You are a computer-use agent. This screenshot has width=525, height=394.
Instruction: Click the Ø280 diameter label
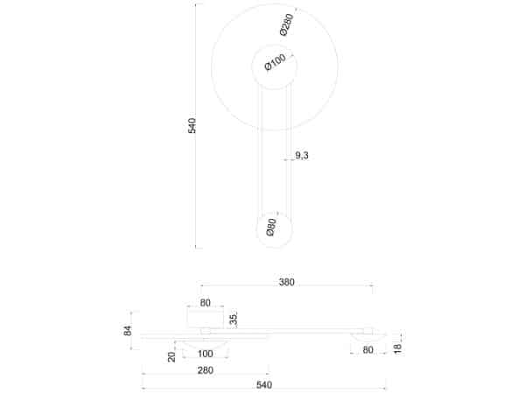[x=287, y=25]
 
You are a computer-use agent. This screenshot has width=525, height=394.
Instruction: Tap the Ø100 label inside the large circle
[x=275, y=64]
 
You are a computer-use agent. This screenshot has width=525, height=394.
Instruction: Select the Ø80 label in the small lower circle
[x=272, y=229]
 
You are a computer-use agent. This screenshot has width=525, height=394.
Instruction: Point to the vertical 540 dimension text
[x=192, y=125]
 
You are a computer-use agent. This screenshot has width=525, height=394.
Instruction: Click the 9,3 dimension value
[x=301, y=156]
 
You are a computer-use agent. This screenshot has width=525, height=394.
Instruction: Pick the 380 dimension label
[x=287, y=282]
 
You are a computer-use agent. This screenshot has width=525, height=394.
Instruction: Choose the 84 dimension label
[x=128, y=331]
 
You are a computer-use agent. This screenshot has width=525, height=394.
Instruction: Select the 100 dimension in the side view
[x=206, y=355]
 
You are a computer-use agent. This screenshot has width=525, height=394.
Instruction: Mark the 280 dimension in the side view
[x=205, y=371]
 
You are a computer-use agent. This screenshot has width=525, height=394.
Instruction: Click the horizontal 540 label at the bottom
[x=264, y=385]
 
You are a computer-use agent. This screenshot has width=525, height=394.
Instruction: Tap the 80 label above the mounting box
[x=206, y=304]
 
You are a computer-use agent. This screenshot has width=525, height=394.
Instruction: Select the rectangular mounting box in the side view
[x=206, y=319]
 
